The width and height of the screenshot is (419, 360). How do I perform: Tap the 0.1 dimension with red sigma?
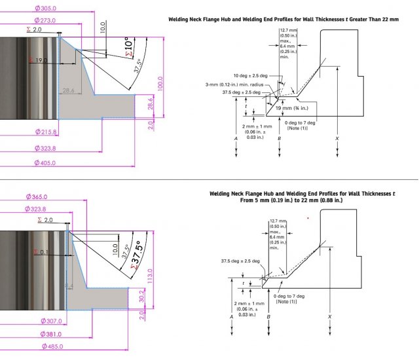[44, 252]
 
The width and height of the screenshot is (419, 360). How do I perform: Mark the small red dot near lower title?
[308, 219]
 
